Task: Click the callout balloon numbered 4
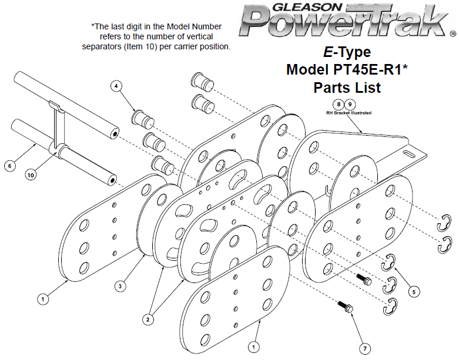[117, 86]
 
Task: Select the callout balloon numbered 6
[9, 166]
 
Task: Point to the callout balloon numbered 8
[338, 105]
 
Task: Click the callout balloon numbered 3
[119, 286]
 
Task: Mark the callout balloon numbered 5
[414, 291]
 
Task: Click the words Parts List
[347, 88]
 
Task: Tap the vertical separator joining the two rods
[57, 126]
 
